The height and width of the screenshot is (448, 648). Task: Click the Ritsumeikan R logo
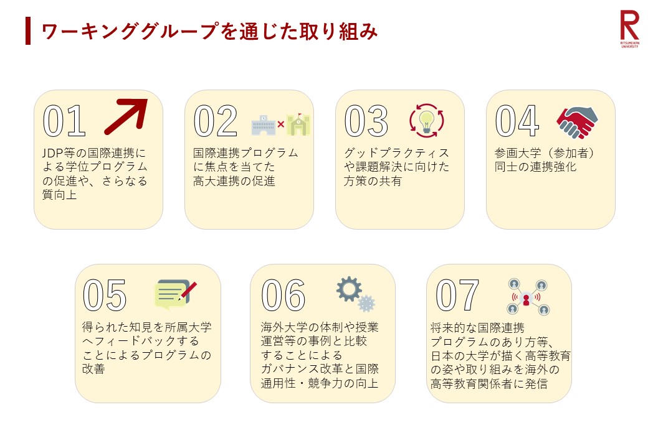[x=629, y=29]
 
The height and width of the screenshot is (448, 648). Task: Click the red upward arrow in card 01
[x=126, y=117]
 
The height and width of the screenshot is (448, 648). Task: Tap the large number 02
[x=216, y=121]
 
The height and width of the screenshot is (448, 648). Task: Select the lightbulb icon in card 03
[x=426, y=121]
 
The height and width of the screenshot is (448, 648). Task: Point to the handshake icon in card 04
[x=577, y=123]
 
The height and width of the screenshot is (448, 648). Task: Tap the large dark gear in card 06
[x=349, y=289]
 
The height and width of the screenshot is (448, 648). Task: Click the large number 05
[x=105, y=295]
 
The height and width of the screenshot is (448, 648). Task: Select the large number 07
[x=457, y=295]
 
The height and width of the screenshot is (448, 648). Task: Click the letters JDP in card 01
[x=53, y=153]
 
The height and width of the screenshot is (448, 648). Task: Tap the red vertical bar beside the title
[x=27, y=30]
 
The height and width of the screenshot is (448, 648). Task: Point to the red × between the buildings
[x=281, y=124]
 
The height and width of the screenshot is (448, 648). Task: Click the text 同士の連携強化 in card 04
[x=536, y=167]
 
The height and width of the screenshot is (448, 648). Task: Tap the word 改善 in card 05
[x=93, y=369]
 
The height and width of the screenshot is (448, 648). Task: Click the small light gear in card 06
[x=366, y=303]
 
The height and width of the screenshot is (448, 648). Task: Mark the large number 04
[x=517, y=121]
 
